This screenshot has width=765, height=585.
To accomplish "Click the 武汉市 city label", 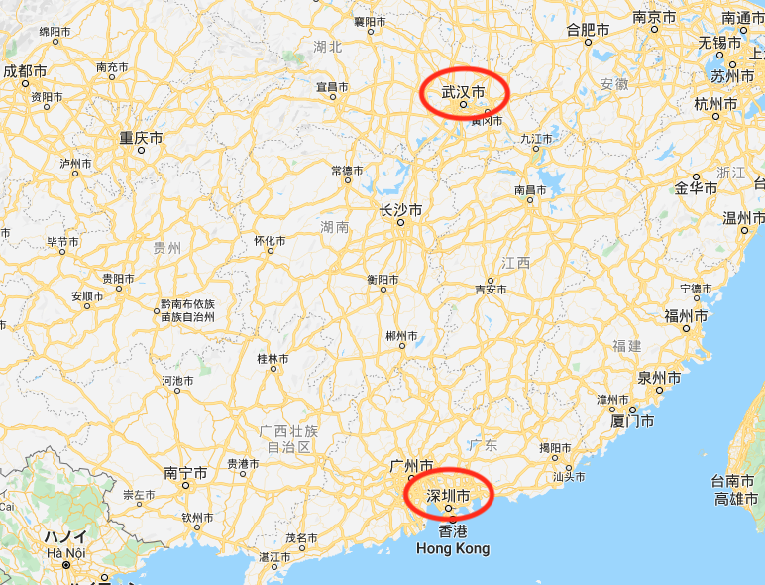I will [x=463, y=92].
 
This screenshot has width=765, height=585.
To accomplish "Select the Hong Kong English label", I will [x=453, y=548].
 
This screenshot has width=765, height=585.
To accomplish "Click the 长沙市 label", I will [x=400, y=211].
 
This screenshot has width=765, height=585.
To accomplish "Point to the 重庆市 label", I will [x=141, y=138].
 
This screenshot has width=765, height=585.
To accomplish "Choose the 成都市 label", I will [x=25, y=71].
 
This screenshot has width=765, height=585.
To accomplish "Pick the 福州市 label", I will [x=686, y=316].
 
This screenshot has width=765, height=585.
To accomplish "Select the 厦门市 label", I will [x=632, y=421].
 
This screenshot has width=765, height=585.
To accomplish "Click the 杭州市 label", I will [x=715, y=103].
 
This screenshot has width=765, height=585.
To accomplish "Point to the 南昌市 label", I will [x=530, y=189].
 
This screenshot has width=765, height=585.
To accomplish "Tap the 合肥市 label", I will [x=588, y=30].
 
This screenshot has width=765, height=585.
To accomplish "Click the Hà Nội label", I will [x=64, y=552].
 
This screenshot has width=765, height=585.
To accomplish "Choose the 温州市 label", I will [x=742, y=217].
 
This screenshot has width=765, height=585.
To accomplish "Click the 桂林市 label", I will [x=273, y=358].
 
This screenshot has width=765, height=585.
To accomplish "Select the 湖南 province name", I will [x=335, y=227].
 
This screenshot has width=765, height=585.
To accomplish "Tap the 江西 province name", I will [x=515, y=263].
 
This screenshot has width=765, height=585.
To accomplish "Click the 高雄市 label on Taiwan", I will [x=736, y=499].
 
